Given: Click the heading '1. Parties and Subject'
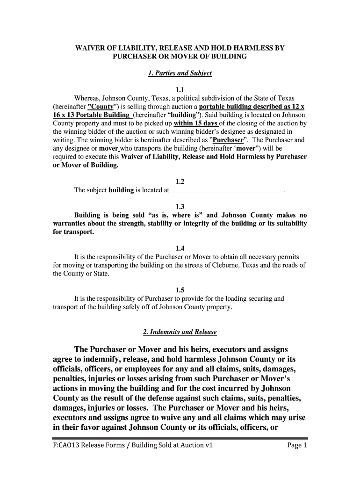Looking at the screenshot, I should [x=180, y=73].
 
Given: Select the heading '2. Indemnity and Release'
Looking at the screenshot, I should [x=180, y=332].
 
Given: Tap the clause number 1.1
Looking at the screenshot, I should [x=180, y=90].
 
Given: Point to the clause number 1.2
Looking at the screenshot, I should [x=180, y=181].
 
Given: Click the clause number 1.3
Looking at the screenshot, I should [x=180, y=206].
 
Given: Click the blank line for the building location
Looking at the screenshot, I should [x=228, y=191].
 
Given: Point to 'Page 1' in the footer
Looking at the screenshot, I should [x=296, y=459].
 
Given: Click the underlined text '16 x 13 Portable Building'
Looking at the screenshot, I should [x=92, y=115].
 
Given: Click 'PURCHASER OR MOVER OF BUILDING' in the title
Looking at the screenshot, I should [x=180, y=57].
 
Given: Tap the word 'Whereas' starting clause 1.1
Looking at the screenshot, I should [x=87, y=98].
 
